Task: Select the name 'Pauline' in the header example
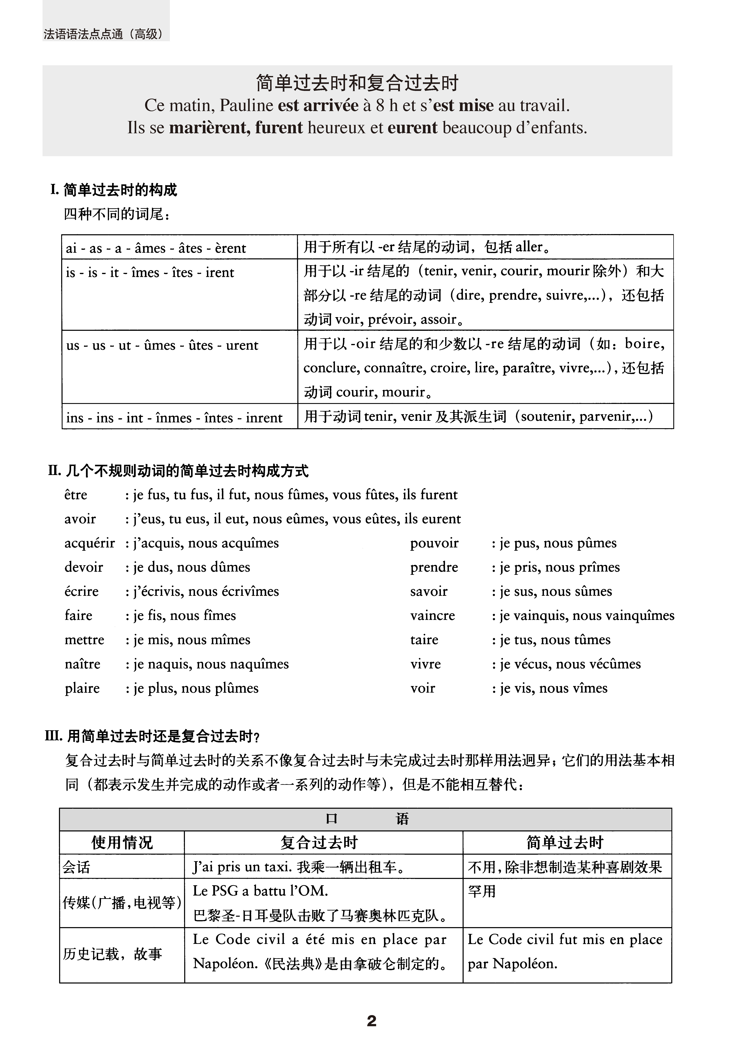pos(246,106)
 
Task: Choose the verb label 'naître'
pos(82,664)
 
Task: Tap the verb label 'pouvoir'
pos(434,543)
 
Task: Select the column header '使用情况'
pos(122,843)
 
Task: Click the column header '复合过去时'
pos(319,843)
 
